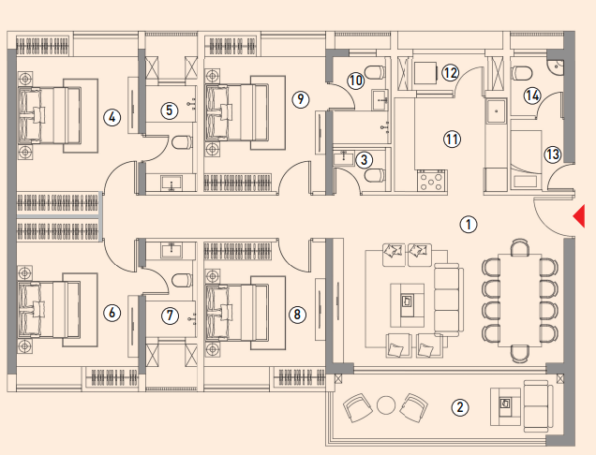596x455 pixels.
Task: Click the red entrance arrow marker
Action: click(x=580, y=215)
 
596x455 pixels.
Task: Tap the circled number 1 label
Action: click(x=469, y=224)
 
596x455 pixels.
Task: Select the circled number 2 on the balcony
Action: click(x=460, y=407)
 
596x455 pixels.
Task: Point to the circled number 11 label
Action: click(x=452, y=139)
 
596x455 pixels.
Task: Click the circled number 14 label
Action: click(x=532, y=95)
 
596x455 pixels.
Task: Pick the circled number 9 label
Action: click(x=301, y=99)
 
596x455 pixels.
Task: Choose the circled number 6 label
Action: click(x=112, y=313)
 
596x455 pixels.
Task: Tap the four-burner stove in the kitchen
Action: click(x=431, y=180)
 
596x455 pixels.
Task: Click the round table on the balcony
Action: click(x=386, y=404)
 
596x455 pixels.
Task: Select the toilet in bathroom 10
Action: click(x=375, y=72)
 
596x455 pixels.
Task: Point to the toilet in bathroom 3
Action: click(x=375, y=175)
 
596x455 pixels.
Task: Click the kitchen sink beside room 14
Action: click(x=497, y=110)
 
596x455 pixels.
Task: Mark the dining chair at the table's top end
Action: click(x=520, y=247)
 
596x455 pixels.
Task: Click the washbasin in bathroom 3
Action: click(x=344, y=158)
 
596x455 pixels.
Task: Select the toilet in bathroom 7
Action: click(x=182, y=280)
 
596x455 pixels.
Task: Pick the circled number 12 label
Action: click(x=450, y=72)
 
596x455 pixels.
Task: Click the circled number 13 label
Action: click(x=553, y=154)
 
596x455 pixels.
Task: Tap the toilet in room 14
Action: click(x=521, y=73)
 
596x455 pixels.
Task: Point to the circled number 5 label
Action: click(x=169, y=110)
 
